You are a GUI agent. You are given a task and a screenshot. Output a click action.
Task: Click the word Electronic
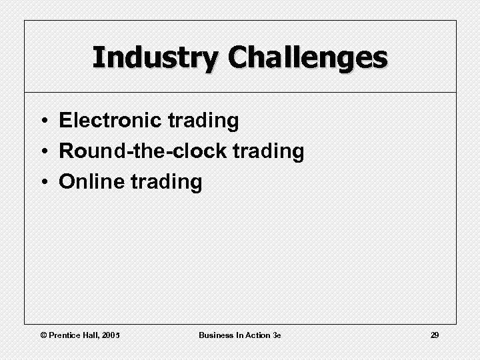point(111,121)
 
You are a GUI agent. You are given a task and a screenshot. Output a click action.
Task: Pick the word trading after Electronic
point(203,121)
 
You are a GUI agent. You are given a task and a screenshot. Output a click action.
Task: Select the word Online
point(91,182)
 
